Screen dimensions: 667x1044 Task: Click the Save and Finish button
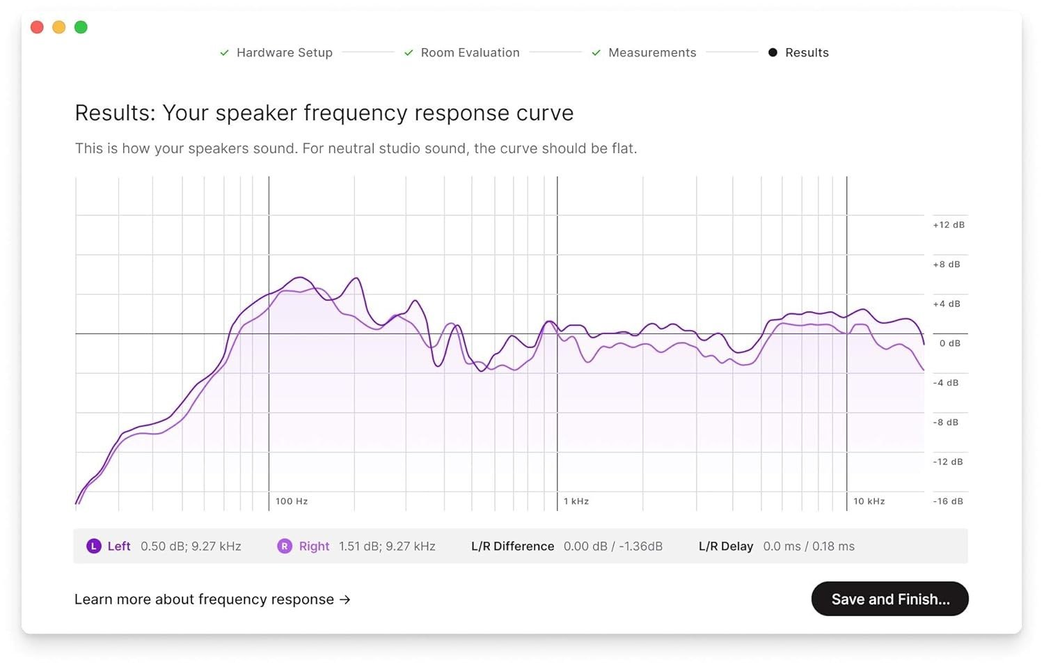point(889,599)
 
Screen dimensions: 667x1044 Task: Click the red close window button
point(38,27)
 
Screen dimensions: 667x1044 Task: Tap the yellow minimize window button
point(59,27)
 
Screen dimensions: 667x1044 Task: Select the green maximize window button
point(81,27)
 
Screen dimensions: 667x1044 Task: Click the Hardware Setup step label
point(284,53)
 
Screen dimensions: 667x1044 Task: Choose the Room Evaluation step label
point(470,53)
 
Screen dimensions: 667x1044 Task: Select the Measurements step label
point(651,53)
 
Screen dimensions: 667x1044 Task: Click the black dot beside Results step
point(773,53)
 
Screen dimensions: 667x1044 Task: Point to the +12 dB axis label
point(949,225)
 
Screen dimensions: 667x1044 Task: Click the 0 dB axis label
point(949,343)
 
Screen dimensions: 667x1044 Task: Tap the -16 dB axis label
point(948,501)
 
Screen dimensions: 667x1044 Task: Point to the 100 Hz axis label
point(292,501)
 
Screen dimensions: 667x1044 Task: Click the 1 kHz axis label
point(576,501)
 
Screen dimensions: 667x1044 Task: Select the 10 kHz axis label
point(869,501)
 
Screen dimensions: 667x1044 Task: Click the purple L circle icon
point(94,547)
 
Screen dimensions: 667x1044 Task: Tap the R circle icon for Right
point(285,547)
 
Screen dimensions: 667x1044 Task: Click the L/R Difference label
point(512,547)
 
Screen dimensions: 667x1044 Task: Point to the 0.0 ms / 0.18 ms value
point(809,547)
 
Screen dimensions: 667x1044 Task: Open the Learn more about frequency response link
point(212,599)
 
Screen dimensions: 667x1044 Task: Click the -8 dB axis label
point(946,423)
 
